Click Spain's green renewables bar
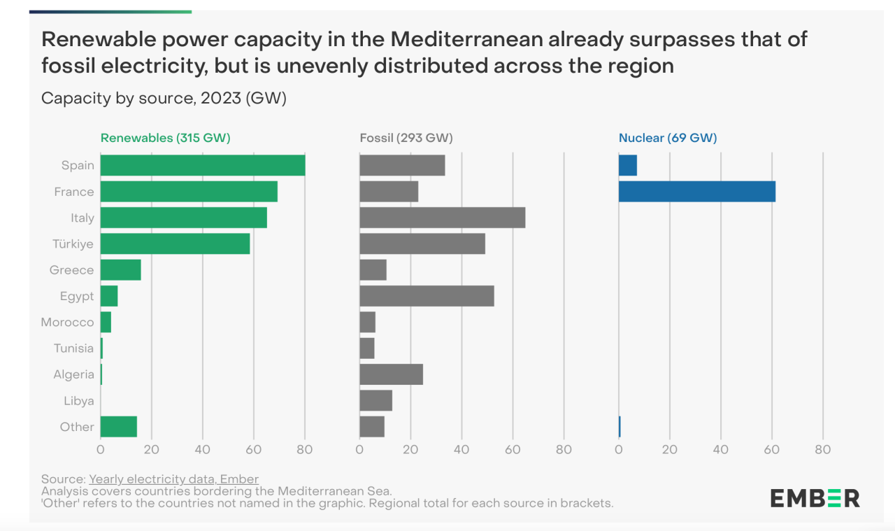203,165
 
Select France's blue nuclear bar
696,192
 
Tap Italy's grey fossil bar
442,218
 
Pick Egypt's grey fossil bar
427,296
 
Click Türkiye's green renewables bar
175,243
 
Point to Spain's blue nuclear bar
627,165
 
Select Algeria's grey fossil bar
391,374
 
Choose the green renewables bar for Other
118,427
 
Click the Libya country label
78,401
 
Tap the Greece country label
71,270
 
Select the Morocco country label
67,323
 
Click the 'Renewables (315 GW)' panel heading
165,138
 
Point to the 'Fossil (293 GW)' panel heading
406,138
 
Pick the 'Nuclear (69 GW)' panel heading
667,138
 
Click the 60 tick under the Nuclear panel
772,449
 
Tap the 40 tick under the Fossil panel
461,449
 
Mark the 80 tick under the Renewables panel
305,449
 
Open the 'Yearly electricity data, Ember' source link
173,479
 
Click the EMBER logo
815,498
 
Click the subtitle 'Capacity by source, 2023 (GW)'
164,98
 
